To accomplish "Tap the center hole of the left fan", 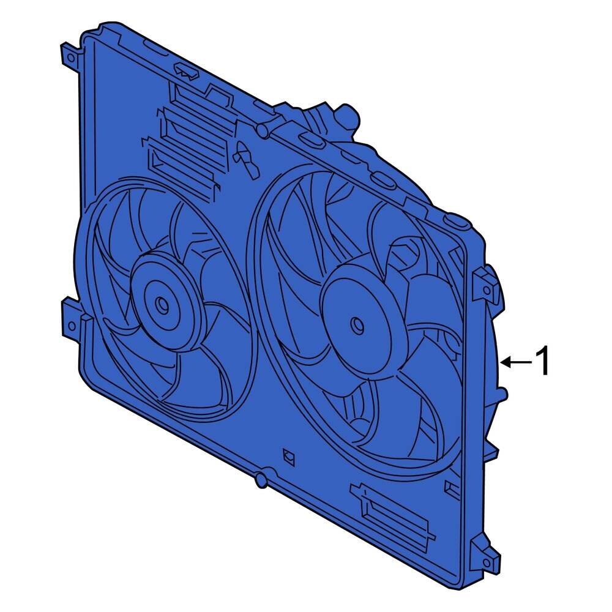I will click(162, 304).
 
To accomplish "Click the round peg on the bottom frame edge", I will click(261, 480).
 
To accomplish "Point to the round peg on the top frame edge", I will click(262, 130).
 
